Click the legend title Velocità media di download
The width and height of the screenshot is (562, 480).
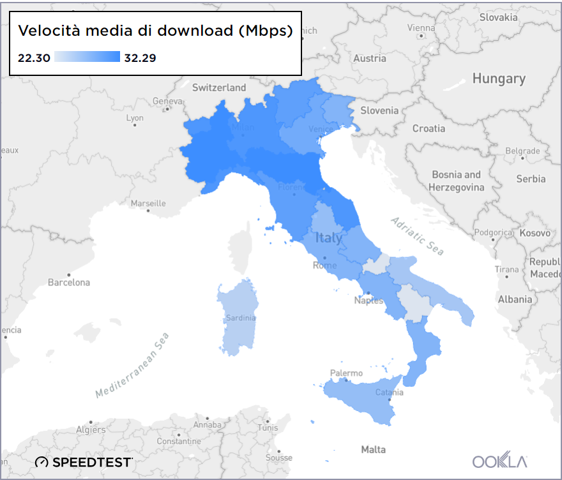coord(155,31)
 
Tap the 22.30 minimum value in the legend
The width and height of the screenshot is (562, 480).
coord(34,58)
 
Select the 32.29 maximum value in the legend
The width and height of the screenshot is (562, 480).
coord(140,58)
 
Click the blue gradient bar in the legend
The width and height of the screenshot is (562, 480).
coord(87,57)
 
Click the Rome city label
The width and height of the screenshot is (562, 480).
coord(324,266)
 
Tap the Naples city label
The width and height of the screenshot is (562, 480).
coord(370,300)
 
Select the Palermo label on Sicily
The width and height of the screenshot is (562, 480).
coord(346,373)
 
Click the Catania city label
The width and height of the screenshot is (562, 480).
coord(389,392)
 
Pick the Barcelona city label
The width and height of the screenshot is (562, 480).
coord(70,282)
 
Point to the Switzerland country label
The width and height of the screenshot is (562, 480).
coord(219,87)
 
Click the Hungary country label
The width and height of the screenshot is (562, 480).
coord(499,79)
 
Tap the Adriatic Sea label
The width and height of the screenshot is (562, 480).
coord(417,236)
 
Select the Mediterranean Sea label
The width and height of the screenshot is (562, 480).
coord(132,366)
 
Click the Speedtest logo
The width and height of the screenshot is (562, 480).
coord(84,461)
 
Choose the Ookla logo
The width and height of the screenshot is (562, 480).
coord(500,461)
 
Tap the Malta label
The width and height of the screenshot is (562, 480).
coord(373,449)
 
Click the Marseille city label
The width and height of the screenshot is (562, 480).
coord(148,204)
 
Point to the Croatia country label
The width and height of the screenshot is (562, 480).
coord(429,128)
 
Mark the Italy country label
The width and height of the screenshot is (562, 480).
coord(329,239)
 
